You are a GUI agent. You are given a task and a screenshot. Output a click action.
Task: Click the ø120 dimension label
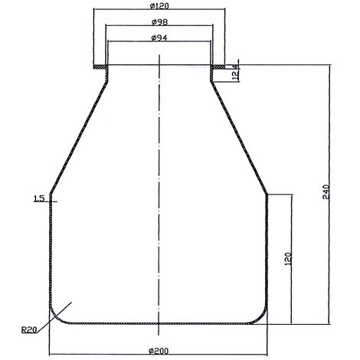(x=159, y=5)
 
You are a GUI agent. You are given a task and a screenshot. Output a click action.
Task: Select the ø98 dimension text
(x=159, y=22)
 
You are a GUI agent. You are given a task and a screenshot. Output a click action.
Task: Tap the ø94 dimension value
(x=159, y=38)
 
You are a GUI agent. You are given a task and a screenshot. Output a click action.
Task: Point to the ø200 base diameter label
(x=159, y=351)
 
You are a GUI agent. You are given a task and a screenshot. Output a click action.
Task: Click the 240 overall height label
(x=326, y=191)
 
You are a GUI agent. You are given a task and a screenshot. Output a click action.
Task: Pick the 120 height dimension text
(x=288, y=259)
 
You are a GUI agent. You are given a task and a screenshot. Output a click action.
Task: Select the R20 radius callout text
(x=29, y=330)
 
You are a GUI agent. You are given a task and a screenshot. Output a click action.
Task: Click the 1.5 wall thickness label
(x=39, y=198)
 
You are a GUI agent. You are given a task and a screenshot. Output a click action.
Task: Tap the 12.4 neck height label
(x=236, y=72)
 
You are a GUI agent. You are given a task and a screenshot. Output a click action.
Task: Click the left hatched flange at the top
(x=100, y=67)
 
